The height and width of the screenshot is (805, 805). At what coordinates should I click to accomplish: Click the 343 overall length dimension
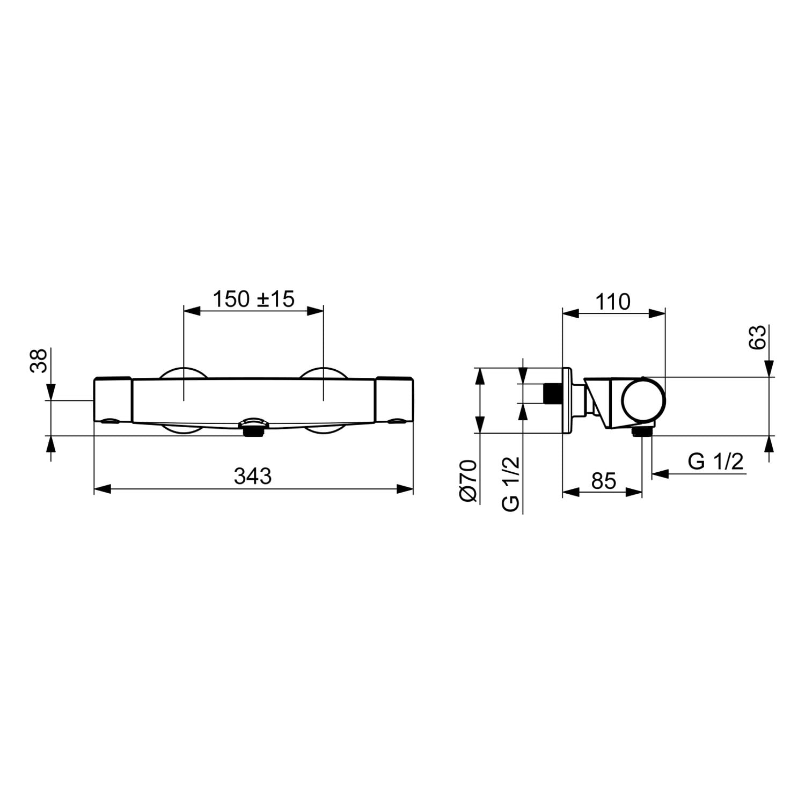point(253,476)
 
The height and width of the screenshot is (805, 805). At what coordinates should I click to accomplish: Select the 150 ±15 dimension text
point(254,299)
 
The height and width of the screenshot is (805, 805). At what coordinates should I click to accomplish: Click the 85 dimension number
point(604,481)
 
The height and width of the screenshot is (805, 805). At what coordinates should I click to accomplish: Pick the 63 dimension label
point(757,338)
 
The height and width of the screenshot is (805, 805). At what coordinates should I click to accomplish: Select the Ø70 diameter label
point(469,481)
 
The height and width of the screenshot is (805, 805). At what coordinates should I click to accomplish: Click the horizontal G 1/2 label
point(716,461)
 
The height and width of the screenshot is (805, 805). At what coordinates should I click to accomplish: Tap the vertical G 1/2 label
point(510,484)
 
